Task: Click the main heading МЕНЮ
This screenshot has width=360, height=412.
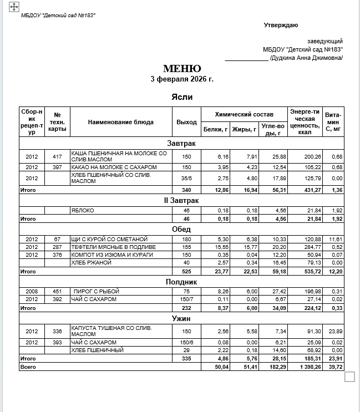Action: coord(182,69)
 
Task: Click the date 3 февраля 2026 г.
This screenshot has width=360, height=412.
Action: coord(182,79)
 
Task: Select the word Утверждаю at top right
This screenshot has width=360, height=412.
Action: coord(281,26)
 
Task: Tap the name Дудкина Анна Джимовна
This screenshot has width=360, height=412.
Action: coord(306,58)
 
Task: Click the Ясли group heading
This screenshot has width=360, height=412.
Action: coord(182,97)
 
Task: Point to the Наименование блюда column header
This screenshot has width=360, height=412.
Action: coord(120,122)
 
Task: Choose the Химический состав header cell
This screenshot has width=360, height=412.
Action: coord(244,114)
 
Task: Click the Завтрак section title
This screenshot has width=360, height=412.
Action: coord(182,144)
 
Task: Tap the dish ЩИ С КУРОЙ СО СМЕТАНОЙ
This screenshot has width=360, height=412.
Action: coord(109,239)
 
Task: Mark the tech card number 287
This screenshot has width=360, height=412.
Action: coord(57,247)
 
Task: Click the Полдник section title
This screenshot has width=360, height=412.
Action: coord(182,282)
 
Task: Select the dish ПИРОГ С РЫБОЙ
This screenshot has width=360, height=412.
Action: coord(96,291)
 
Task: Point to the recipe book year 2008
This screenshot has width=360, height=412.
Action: coord(32,291)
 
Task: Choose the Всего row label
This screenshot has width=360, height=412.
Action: coord(28,367)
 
